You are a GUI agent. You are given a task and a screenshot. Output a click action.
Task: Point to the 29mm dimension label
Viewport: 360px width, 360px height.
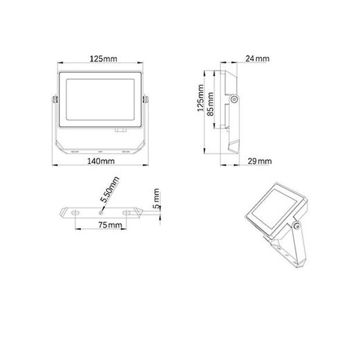point(259,161)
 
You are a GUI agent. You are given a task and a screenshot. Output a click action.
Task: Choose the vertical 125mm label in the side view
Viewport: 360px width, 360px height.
point(201,101)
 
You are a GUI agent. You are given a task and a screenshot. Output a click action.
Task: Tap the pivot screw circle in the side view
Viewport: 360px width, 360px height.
point(235,100)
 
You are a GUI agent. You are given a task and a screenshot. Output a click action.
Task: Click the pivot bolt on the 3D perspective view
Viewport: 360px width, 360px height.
point(298,226)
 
